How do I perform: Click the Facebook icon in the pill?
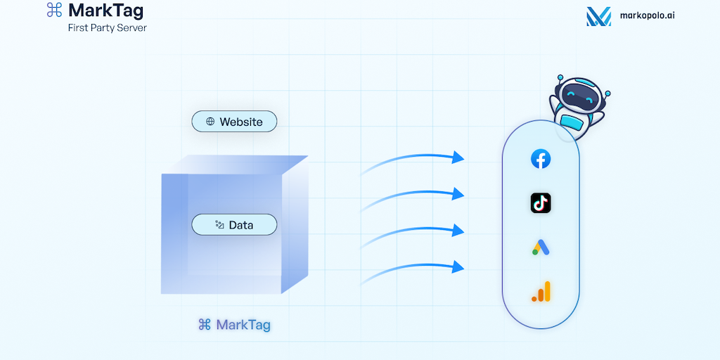pyautogui.click(x=540, y=159)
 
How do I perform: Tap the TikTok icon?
pyautogui.click(x=540, y=203)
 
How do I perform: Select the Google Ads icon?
pyautogui.click(x=540, y=247)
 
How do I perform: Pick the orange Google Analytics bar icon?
pyautogui.click(x=541, y=291)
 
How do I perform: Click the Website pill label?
pyautogui.click(x=234, y=122)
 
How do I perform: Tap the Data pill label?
pyautogui.click(x=234, y=225)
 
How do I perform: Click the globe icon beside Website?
pyautogui.click(x=210, y=122)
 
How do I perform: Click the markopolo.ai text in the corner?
pyautogui.click(x=648, y=16)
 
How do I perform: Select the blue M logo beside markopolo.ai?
pyautogui.click(x=598, y=16)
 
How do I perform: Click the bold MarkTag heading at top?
pyautogui.click(x=105, y=11)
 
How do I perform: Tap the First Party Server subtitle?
pyautogui.click(x=107, y=27)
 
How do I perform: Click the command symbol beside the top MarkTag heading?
pyautogui.click(x=54, y=10)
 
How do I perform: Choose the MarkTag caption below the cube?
pyautogui.click(x=234, y=325)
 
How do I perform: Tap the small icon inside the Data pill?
pyautogui.click(x=219, y=225)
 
